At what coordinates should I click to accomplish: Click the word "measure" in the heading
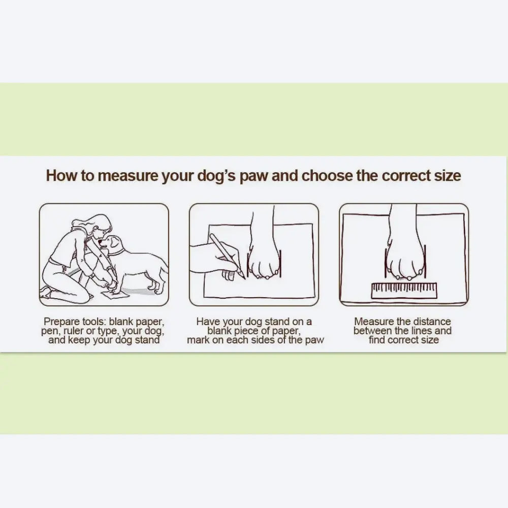(x=128, y=176)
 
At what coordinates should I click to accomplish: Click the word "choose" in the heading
(x=327, y=176)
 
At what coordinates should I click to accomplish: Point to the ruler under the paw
(x=404, y=291)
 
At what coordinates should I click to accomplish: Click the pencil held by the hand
(x=227, y=256)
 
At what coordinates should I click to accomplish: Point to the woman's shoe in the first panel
(x=45, y=293)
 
